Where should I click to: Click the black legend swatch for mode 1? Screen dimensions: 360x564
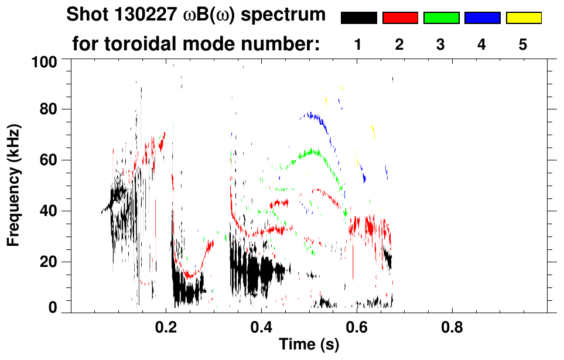tap(358, 18)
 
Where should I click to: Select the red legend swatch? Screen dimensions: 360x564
tap(400, 18)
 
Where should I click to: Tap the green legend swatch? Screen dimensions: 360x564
tap(441, 18)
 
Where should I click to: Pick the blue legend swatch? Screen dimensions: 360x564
tap(482, 18)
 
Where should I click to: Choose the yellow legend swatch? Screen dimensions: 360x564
tap(524, 18)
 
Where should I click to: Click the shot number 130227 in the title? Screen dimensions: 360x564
tap(141, 15)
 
